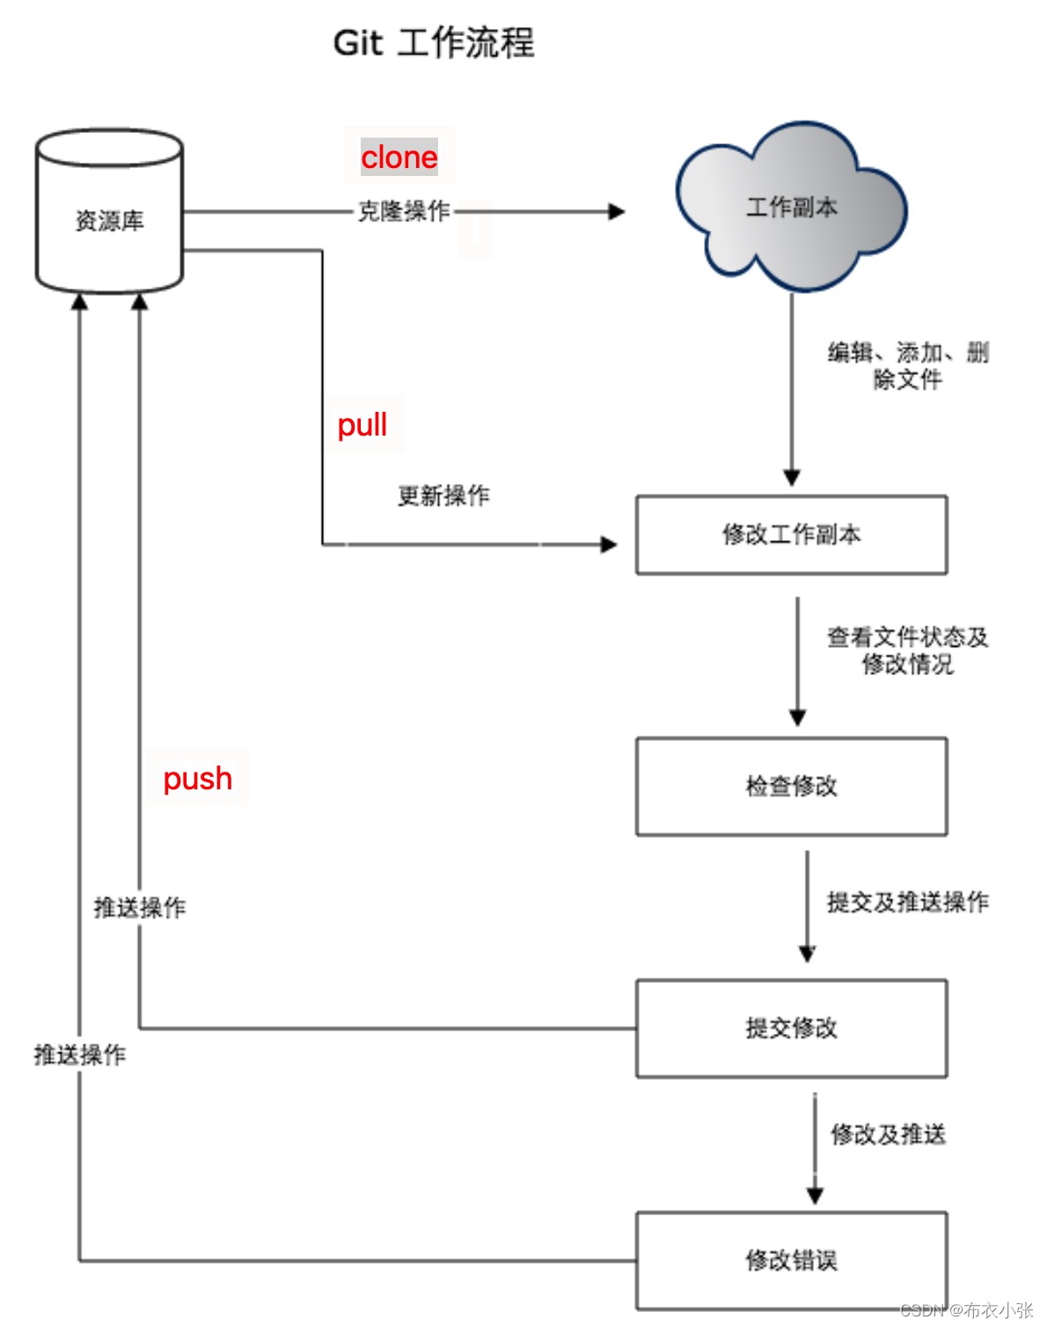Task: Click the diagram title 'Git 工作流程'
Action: pyautogui.click(x=434, y=42)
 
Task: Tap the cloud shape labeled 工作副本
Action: pyautogui.click(x=791, y=208)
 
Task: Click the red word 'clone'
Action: pyautogui.click(x=399, y=158)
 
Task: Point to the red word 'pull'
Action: pyautogui.click(x=362, y=425)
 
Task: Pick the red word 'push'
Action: pyautogui.click(x=198, y=779)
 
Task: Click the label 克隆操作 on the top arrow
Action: pyautogui.click(x=404, y=211)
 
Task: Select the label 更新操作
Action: pyautogui.click(x=443, y=495)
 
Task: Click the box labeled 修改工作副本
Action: pyautogui.click(x=791, y=535)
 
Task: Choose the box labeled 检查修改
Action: pyautogui.click(x=791, y=786)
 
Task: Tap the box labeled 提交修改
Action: pyautogui.click(x=791, y=1028)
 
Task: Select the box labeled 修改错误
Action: pyautogui.click(x=791, y=1260)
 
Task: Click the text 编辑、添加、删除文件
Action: pyautogui.click(x=908, y=366)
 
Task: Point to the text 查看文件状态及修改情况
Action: pyautogui.click(x=908, y=650)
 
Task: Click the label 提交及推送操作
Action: pyautogui.click(x=908, y=902)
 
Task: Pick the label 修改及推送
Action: pyautogui.click(x=889, y=1134)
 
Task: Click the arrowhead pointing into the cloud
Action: pyautogui.click(x=617, y=211)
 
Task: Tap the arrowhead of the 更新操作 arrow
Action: pyautogui.click(x=609, y=545)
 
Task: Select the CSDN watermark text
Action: pyautogui.click(x=966, y=1310)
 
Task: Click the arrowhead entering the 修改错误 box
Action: pyautogui.click(x=815, y=1196)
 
